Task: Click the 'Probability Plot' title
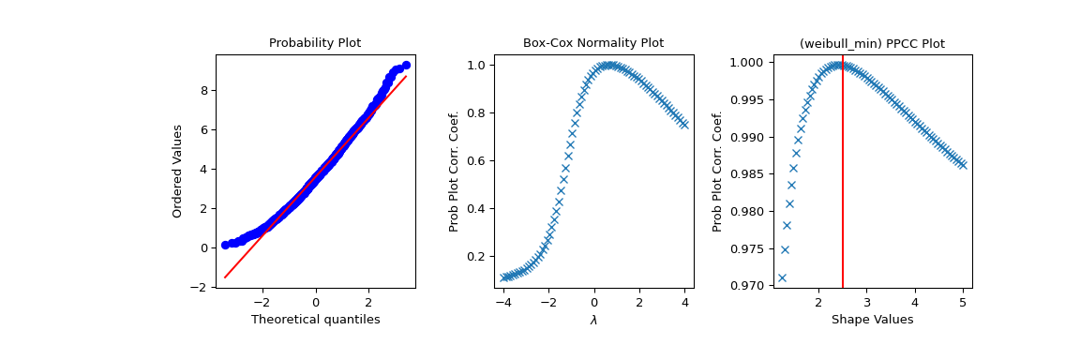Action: tap(315, 43)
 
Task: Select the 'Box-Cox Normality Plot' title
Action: tap(592, 43)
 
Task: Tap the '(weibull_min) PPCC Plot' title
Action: tap(872, 44)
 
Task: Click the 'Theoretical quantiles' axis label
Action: tap(315, 320)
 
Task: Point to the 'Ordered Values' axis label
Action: tap(177, 171)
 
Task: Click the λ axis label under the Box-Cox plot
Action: tap(593, 320)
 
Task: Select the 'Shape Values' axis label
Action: tap(872, 320)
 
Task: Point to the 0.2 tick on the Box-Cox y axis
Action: tap(476, 256)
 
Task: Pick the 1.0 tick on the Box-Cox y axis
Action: tap(476, 66)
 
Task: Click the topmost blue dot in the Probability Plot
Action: tap(406, 66)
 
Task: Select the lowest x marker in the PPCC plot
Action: tap(782, 277)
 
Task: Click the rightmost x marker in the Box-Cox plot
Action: tap(684, 125)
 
